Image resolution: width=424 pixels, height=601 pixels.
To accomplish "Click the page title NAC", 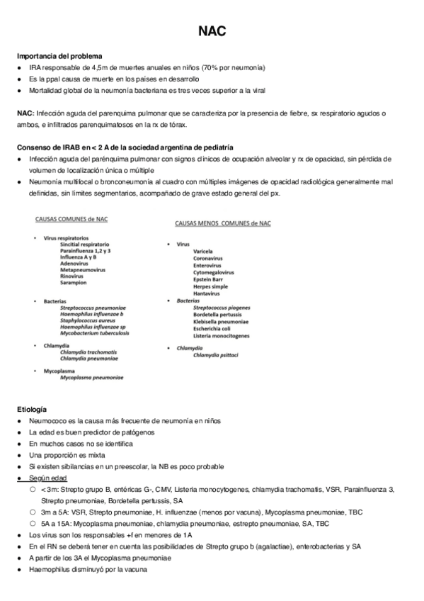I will click(x=212, y=32).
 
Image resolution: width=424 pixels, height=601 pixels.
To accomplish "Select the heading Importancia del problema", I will click(x=59, y=56).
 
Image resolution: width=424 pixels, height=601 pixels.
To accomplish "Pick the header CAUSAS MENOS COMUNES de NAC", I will click(x=223, y=223).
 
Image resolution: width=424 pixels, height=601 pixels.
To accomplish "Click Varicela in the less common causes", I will click(x=203, y=251).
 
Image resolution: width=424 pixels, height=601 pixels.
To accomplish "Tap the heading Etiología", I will click(x=32, y=410).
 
